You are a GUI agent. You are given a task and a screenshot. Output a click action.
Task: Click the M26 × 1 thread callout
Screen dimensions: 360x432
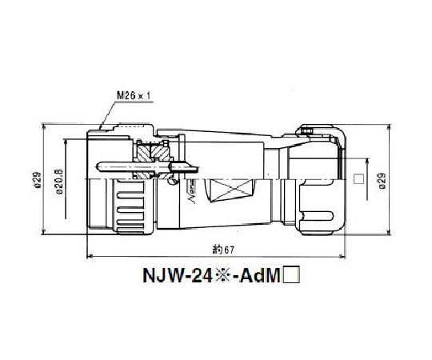click(x=133, y=95)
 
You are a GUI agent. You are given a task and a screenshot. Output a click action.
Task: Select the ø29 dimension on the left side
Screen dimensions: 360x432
click(x=38, y=184)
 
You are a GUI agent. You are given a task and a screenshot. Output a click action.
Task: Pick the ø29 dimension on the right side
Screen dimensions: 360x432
click(x=382, y=183)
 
